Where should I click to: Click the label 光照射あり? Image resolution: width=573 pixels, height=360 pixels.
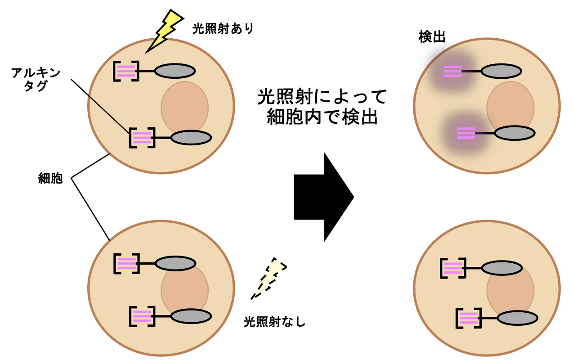(x=223, y=29)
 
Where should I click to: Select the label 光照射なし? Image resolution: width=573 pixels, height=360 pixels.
(x=274, y=322)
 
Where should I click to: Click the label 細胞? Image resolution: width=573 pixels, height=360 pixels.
(x=50, y=179)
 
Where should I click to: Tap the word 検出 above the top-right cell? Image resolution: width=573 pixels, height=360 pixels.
(x=432, y=37)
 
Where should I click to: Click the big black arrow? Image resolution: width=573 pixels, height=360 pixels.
(x=323, y=197)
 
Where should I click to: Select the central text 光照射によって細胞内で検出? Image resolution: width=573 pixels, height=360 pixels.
(x=322, y=107)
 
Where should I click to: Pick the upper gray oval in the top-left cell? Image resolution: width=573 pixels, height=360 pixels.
(x=175, y=71)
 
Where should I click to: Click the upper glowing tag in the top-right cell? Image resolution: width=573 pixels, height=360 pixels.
(x=452, y=71)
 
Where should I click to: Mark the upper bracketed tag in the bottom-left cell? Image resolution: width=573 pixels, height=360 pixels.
(x=126, y=264)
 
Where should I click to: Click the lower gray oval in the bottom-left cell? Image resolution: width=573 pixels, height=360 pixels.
(x=191, y=316)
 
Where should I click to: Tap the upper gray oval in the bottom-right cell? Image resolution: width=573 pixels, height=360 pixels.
(x=501, y=268)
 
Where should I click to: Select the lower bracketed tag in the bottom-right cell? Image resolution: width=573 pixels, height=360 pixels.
(x=468, y=318)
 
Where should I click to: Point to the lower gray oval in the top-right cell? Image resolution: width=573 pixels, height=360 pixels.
(x=515, y=133)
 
